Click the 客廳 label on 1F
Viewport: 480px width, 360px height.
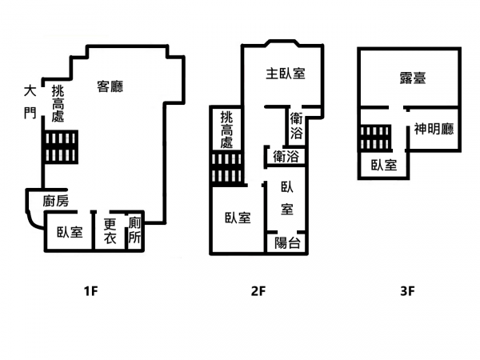click(110, 86)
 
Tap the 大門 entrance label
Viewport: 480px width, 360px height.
click(30, 102)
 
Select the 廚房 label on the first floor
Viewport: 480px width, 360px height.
click(56, 201)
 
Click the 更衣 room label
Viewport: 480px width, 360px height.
click(110, 231)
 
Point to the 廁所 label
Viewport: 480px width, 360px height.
click(134, 230)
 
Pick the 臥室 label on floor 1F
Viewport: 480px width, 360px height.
click(70, 232)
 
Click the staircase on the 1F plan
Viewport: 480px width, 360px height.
click(60, 147)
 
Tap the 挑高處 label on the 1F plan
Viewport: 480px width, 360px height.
click(58, 103)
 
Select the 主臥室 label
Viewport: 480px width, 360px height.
click(286, 74)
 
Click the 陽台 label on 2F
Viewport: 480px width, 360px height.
click(287, 243)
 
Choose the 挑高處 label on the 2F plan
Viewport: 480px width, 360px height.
click(227, 130)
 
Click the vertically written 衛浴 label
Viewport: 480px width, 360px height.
click(297, 126)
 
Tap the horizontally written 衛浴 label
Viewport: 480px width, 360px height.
click(286, 157)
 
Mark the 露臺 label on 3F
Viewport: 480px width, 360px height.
click(413, 78)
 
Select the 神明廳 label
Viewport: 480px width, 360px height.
click(434, 129)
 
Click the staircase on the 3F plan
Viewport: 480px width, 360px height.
click(375, 138)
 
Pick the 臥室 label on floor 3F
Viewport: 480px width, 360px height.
click(384, 165)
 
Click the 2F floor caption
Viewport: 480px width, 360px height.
click(258, 291)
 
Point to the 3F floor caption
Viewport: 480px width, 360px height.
click(407, 291)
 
